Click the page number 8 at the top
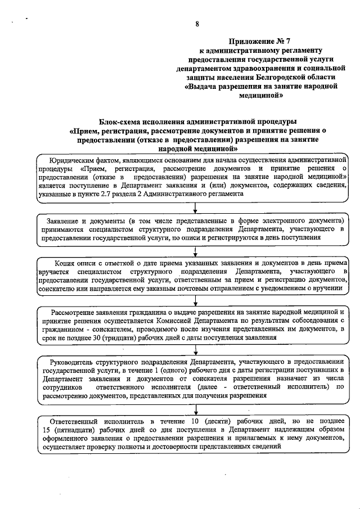(197, 24)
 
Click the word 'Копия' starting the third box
(66, 263)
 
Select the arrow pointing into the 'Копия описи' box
(194, 254)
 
